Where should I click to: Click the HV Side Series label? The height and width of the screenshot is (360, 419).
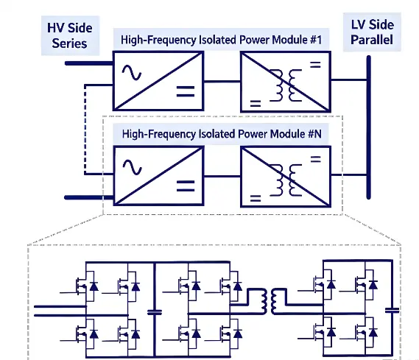(70, 35)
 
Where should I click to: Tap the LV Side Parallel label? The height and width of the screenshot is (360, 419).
(372, 32)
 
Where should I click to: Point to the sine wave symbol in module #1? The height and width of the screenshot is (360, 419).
(132, 73)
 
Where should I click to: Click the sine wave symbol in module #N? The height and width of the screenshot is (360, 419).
(132, 167)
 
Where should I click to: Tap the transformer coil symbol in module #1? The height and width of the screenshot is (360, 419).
(286, 85)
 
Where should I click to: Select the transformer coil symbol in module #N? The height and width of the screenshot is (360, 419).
(286, 180)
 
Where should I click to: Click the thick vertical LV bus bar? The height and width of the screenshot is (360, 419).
(368, 127)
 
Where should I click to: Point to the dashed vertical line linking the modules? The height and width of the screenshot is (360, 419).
(85, 130)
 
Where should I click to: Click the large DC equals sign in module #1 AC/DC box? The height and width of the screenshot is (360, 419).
(186, 91)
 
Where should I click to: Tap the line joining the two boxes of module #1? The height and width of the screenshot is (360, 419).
(222, 81)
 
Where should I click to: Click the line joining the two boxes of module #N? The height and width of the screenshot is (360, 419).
(222, 176)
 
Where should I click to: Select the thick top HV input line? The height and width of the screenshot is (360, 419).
(89, 63)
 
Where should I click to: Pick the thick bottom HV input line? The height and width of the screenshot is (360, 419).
(89, 197)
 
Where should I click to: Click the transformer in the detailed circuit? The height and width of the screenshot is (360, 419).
(270, 301)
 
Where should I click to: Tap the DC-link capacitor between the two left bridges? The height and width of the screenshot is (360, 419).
(155, 312)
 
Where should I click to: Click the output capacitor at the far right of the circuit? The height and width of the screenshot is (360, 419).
(392, 311)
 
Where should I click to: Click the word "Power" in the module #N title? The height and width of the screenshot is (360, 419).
(253, 134)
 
